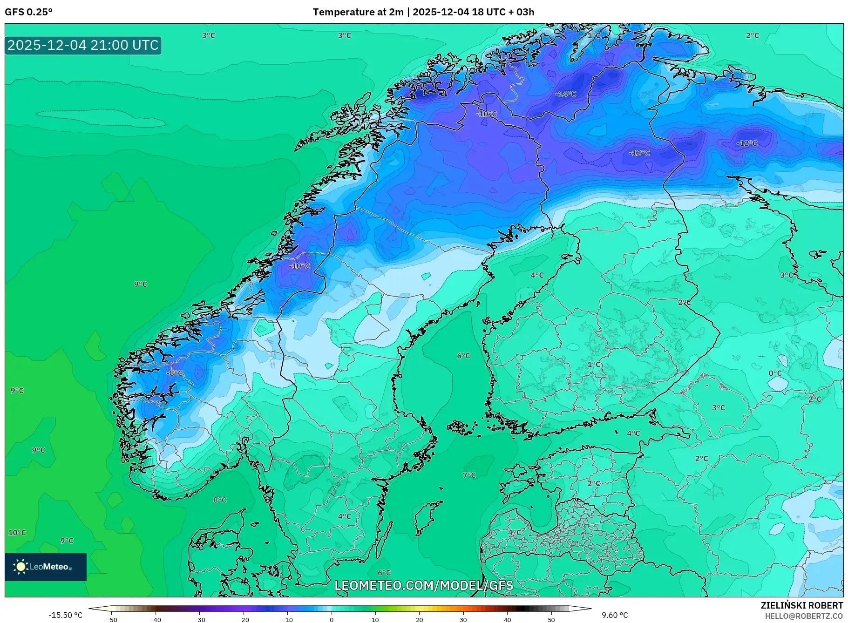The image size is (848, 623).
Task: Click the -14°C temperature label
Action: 566,94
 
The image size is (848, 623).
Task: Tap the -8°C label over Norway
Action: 175,373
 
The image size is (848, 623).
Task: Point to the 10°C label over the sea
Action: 17,533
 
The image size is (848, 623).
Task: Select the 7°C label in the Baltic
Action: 469,475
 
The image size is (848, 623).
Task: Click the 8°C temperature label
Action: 220,500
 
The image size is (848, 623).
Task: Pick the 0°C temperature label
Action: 775,373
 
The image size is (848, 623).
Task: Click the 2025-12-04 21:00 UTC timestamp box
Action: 83,45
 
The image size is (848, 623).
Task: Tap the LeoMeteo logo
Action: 46,567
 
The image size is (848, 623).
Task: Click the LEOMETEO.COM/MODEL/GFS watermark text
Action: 424,585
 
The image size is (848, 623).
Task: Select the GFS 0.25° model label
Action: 29,12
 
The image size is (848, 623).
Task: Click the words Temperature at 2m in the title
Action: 358,12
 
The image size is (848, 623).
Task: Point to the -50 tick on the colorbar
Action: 112,620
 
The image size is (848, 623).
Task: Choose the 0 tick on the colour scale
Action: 332,620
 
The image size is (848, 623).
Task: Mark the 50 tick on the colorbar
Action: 551,620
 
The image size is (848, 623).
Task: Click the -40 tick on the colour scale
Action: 156,620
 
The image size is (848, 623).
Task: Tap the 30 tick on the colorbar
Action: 463,620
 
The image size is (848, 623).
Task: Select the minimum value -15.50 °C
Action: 65,615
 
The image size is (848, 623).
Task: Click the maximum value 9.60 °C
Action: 615,615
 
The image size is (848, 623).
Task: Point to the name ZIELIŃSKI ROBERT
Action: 801,605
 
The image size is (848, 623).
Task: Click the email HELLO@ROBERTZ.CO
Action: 804,616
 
